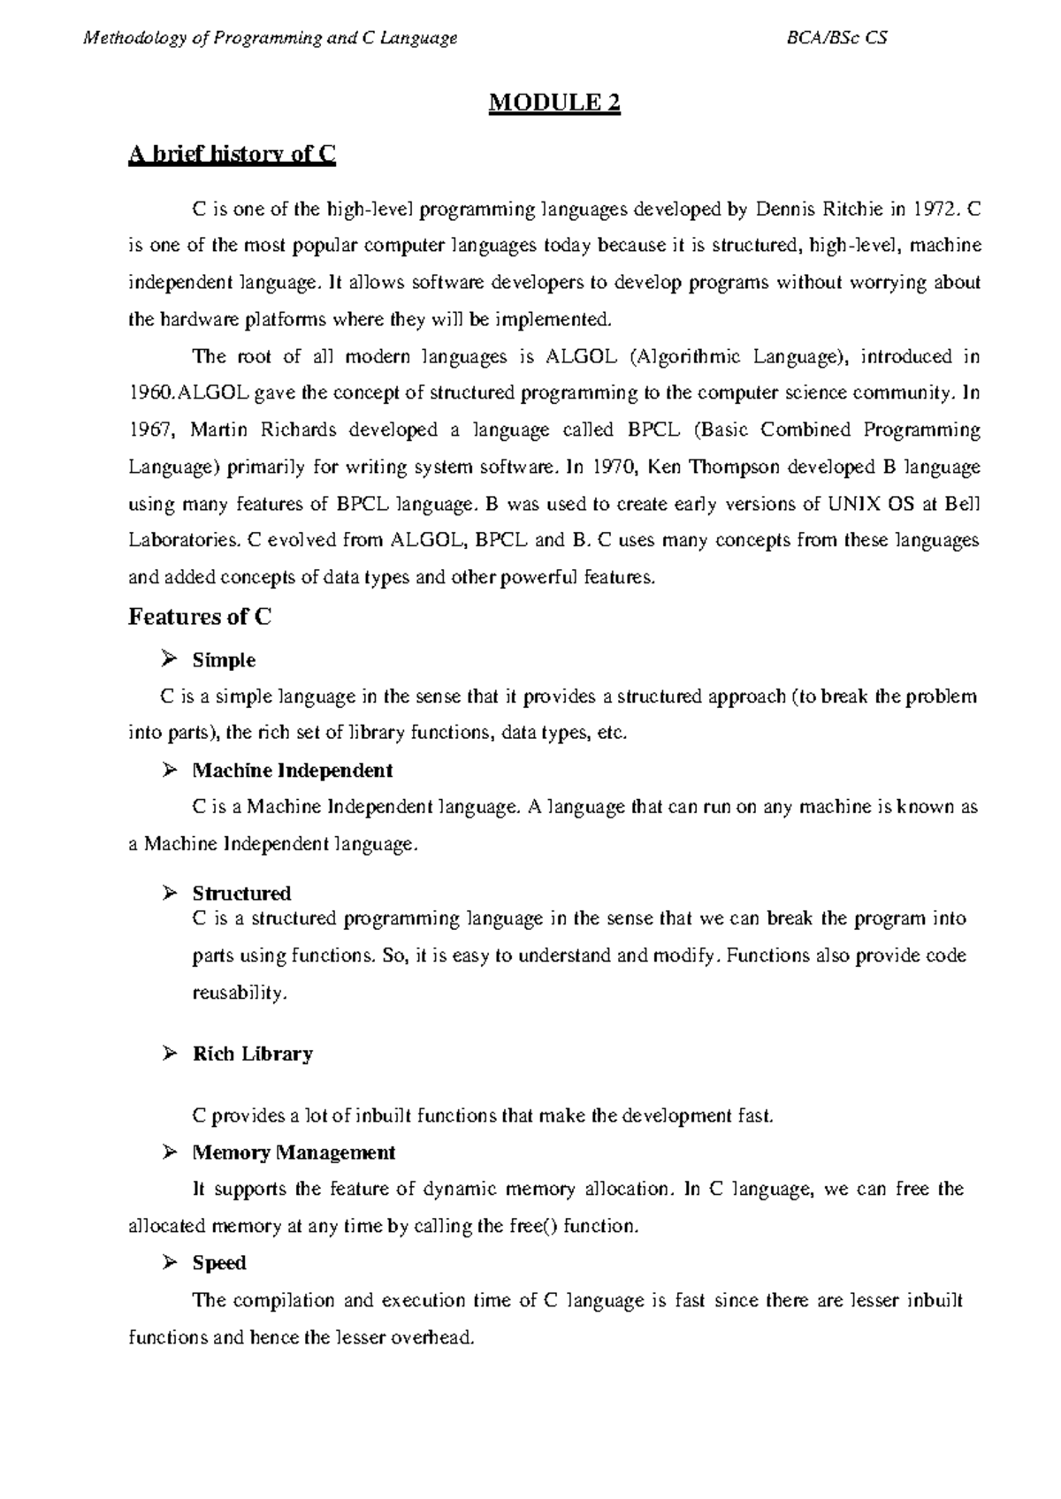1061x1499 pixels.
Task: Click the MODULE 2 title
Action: [x=555, y=104]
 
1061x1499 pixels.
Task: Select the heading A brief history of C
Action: [x=233, y=156]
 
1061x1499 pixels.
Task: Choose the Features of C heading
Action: [x=200, y=617]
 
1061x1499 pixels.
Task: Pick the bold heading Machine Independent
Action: [x=293, y=770]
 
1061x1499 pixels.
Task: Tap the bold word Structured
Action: [x=242, y=894]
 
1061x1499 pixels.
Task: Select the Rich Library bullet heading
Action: [x=253, y=1054]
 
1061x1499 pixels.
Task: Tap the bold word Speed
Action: [x=219, y=1263]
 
